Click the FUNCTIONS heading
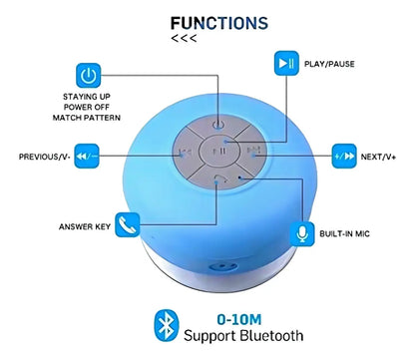pyautogui.click(x=219, y=23)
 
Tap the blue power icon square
pyautogui.click(x=89, y=75)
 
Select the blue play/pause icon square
pyautogui.click(x=286, y=63)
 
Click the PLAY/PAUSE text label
pyautogui.click(x=329, y=64)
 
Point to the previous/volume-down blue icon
pyautogui.click(x=87, y=156)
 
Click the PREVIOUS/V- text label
pyautogui.click(x=45, y=157)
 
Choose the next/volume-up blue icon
pyautogui.click(x=344, y=156)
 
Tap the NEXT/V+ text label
pyautogui.click(x=378, y=157)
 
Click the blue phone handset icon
pyautogui.click(x=128, y=224)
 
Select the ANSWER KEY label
pyautogui.click(x=85, y=226)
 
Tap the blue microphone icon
pyautogui.click(x=302, y=234)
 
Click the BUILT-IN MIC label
pyautogui.click(x=344, y=233)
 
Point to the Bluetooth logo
pyautogui.click(x=167, y=325)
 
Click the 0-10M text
pyautogui.click(x=239, y=319)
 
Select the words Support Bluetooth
pyautogui.click(x=243, y=336)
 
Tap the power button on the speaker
pyautogui.click(x=218, y=125)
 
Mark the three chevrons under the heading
pyautogui.click(x=184, y=38)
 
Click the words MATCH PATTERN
pyautogui.click(x=87, y=118)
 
